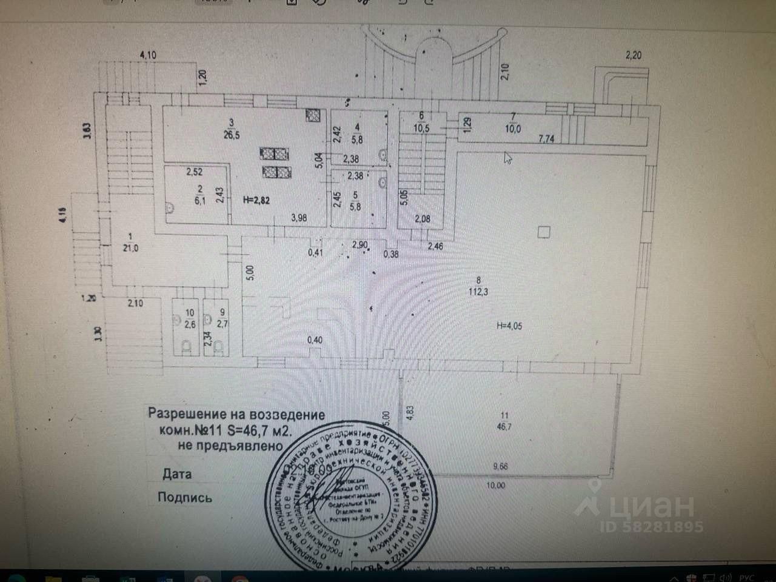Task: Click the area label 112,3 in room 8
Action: coord(478,292)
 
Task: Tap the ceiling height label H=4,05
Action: coord(509,326)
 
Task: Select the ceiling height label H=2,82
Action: coord(255,201)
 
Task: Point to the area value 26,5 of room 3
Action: coord(230,135)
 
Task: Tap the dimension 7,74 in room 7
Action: coord(547,139)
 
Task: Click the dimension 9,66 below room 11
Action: coord(501,467)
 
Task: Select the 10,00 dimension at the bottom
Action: coord(495,485)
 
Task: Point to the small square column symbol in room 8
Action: coord(544,231)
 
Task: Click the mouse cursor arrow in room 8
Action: coord(508,158)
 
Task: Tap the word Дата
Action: coord(177,474)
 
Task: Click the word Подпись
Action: coord(185,498)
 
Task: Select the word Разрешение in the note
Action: coord(186,415)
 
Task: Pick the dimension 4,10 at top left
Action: coord(148,55)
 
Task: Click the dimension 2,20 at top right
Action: coord(633,55)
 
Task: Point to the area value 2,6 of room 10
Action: coord(190,324)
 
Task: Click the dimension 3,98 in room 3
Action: coord(299,218)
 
